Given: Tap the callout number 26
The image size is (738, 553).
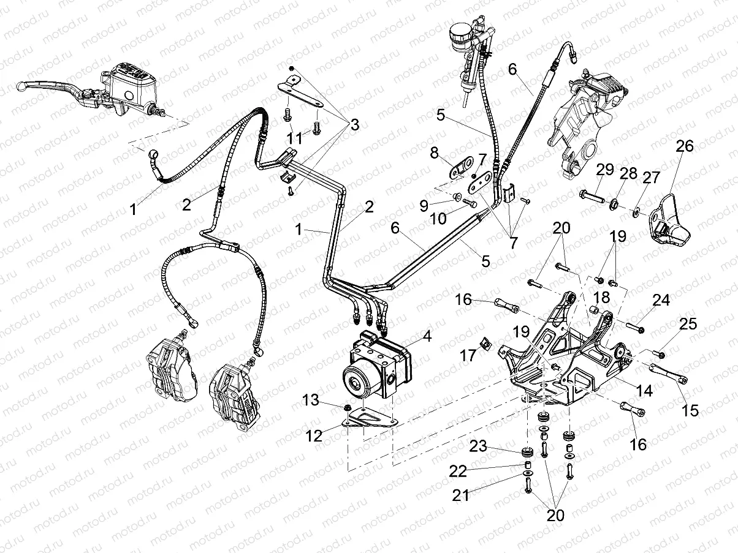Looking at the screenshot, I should [685, 146].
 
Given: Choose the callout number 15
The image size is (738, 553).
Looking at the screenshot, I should [690, 410].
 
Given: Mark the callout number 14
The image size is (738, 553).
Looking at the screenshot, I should [644, 389].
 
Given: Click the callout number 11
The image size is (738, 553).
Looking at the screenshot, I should [295, 138].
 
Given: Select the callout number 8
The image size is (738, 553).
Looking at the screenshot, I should [434, 151].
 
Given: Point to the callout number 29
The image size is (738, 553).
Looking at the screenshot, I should [606, 170].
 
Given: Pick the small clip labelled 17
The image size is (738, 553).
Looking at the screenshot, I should [484, 344].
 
